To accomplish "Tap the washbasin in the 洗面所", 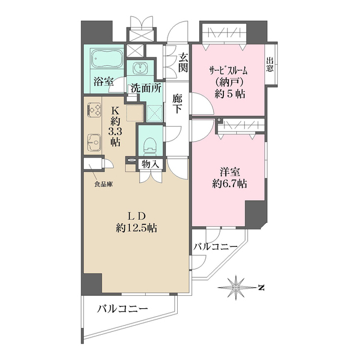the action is tap(140, 67).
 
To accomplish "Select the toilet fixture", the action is tap(150, 146).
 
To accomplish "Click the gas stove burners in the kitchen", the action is tap(94, 110).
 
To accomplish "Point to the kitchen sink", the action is tap(94, 143).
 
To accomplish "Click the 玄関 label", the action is tap(183, 62).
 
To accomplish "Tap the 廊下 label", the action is tap(177, 103).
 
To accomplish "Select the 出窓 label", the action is tap(270, 65).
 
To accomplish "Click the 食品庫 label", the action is tap(103, 184).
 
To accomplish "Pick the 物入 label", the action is tap(150, 164).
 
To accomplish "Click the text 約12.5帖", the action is tap(136, 228).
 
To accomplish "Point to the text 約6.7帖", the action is tap(229, 184).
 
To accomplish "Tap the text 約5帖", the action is tap(230, 94).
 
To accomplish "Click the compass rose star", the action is tap(236, 287).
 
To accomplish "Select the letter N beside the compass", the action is tap(261, 287).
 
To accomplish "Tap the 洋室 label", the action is tap(230, 172).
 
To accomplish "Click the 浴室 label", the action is tap(103, 82).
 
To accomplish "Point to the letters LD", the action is tap(136, 216).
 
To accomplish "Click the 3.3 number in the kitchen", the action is tap(115, 132).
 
